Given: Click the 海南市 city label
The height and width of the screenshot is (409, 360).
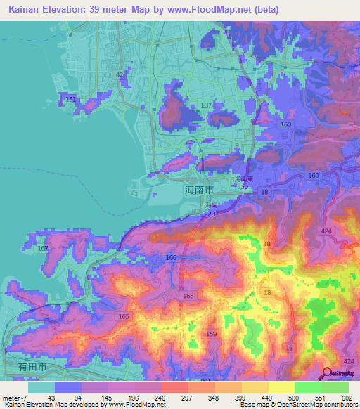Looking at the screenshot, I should pos(198,190).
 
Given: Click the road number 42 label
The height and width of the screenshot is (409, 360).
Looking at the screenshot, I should pos(120,74).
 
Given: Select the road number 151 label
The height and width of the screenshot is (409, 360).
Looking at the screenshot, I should pos(70,100).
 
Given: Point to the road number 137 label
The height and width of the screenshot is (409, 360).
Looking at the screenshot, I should pos(207,105).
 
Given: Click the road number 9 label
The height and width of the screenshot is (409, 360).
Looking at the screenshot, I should pos(237,145).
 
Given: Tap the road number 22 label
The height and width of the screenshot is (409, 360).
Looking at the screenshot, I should pos(243,188).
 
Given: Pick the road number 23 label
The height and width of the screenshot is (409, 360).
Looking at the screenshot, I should pos(212,214).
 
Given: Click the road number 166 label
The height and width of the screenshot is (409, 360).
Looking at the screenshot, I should pos(171,258).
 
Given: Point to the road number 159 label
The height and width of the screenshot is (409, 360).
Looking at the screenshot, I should pos(212,333).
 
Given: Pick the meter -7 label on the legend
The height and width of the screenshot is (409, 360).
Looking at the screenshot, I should pos(15,397).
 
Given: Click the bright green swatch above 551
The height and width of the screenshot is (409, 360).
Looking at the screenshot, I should pos(308,387).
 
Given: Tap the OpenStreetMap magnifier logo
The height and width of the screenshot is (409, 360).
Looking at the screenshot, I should pos(327,374).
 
